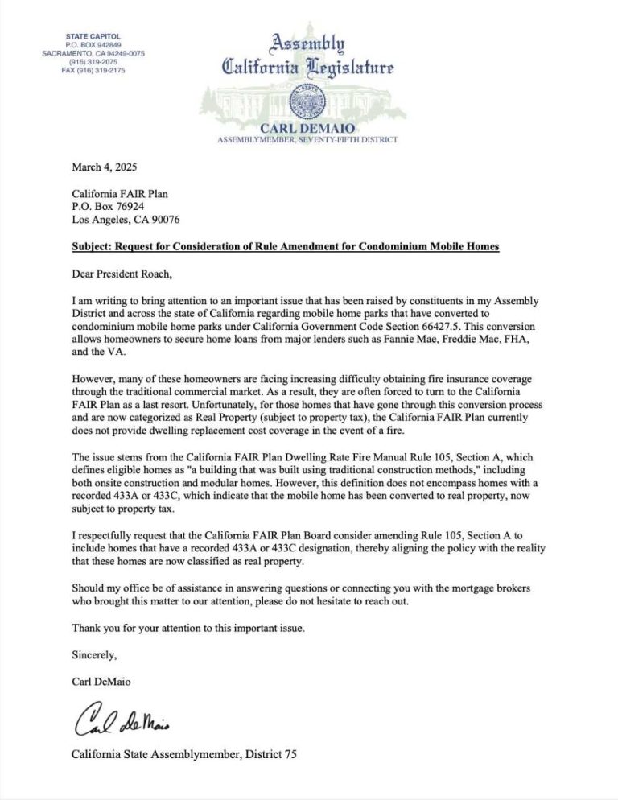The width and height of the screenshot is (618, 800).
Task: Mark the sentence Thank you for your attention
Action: [x=202, y=628]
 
